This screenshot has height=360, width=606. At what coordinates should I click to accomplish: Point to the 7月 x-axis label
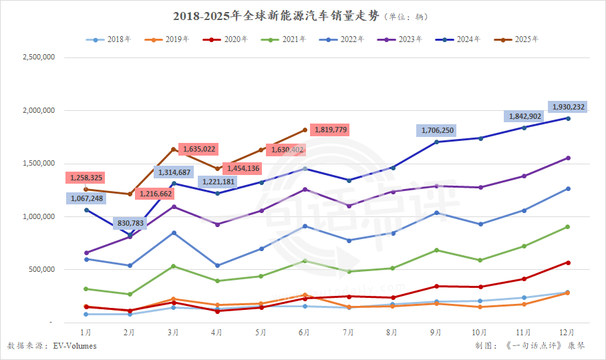coord(349,332)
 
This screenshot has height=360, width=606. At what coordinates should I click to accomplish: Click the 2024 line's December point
coord(568,118)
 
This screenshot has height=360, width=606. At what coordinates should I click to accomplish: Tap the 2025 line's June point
coord(305,130)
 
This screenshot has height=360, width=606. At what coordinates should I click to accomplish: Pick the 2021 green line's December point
coord(568,227)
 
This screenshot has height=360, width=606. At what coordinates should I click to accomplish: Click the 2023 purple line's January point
coord(86,253)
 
